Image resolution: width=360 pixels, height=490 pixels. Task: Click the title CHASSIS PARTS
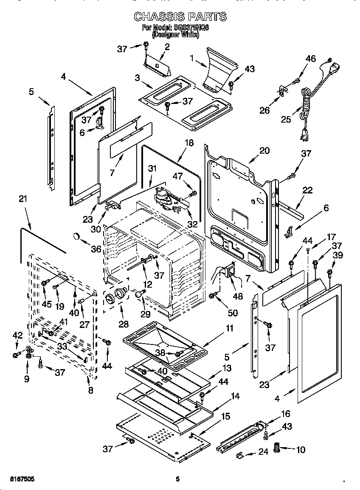(x=180, y=17)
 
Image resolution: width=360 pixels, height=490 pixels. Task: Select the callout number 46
(x=311, y=59)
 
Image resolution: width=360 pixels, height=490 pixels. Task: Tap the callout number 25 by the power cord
(x=286, y=119)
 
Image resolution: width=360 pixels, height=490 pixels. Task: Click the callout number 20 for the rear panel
(x=264, y=150)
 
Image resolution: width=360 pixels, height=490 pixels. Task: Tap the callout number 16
(x=286, y=414)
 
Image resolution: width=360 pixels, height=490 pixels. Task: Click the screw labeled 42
(x=16, y=353)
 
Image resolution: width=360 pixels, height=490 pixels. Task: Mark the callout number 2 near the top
(x=167, y=47)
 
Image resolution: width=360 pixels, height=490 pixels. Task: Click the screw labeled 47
(x=193, y=194)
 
